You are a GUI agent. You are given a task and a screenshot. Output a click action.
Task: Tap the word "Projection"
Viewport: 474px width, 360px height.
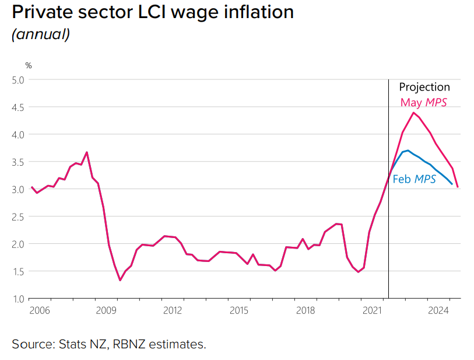pos(424,87)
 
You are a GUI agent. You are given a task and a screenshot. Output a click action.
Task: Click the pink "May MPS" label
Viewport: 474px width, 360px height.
pos(424,102)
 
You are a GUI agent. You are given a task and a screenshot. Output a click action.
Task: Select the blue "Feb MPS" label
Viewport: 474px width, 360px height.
pos(415,179)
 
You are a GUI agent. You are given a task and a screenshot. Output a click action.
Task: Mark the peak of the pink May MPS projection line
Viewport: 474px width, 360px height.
pos(413,113)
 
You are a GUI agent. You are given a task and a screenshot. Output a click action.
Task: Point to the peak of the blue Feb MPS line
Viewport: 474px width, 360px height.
pos(408,151)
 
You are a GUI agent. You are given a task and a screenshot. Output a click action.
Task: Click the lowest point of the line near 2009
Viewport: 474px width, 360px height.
pos(120,280)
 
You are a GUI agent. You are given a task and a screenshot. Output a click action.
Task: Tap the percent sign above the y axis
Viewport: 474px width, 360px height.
pos(28,65)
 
